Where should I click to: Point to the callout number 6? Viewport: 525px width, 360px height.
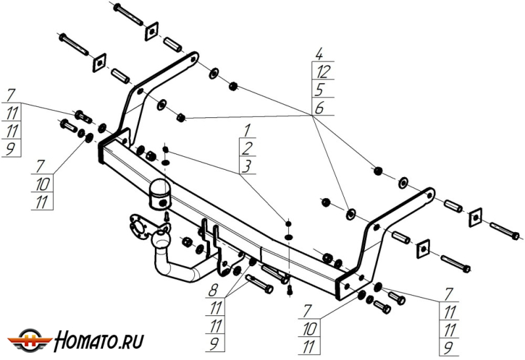click(319, 108)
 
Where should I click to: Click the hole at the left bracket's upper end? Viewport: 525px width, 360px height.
click(193, 58)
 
